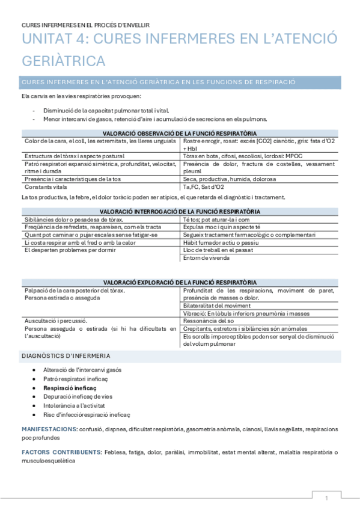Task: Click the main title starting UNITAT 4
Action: pyautogui.click(x=179, y=51)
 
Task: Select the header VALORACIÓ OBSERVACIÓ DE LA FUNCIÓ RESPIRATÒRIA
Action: pyautogui.click(x=180, y=133)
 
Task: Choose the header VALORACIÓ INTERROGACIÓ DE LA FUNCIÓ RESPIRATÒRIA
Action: pyautogui.click(x=180, y=212)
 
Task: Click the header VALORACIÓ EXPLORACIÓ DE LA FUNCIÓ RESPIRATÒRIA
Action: pyautogui.click(x=180, y=282)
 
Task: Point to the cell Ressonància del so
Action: pyautogui.click(x=209, y=321)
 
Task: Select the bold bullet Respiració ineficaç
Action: pyautogui.click(x=70, y=389)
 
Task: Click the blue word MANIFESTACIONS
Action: pyautogui.click(x=48, y=429)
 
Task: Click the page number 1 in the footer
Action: pyautogui.click(x=326, y=499)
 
